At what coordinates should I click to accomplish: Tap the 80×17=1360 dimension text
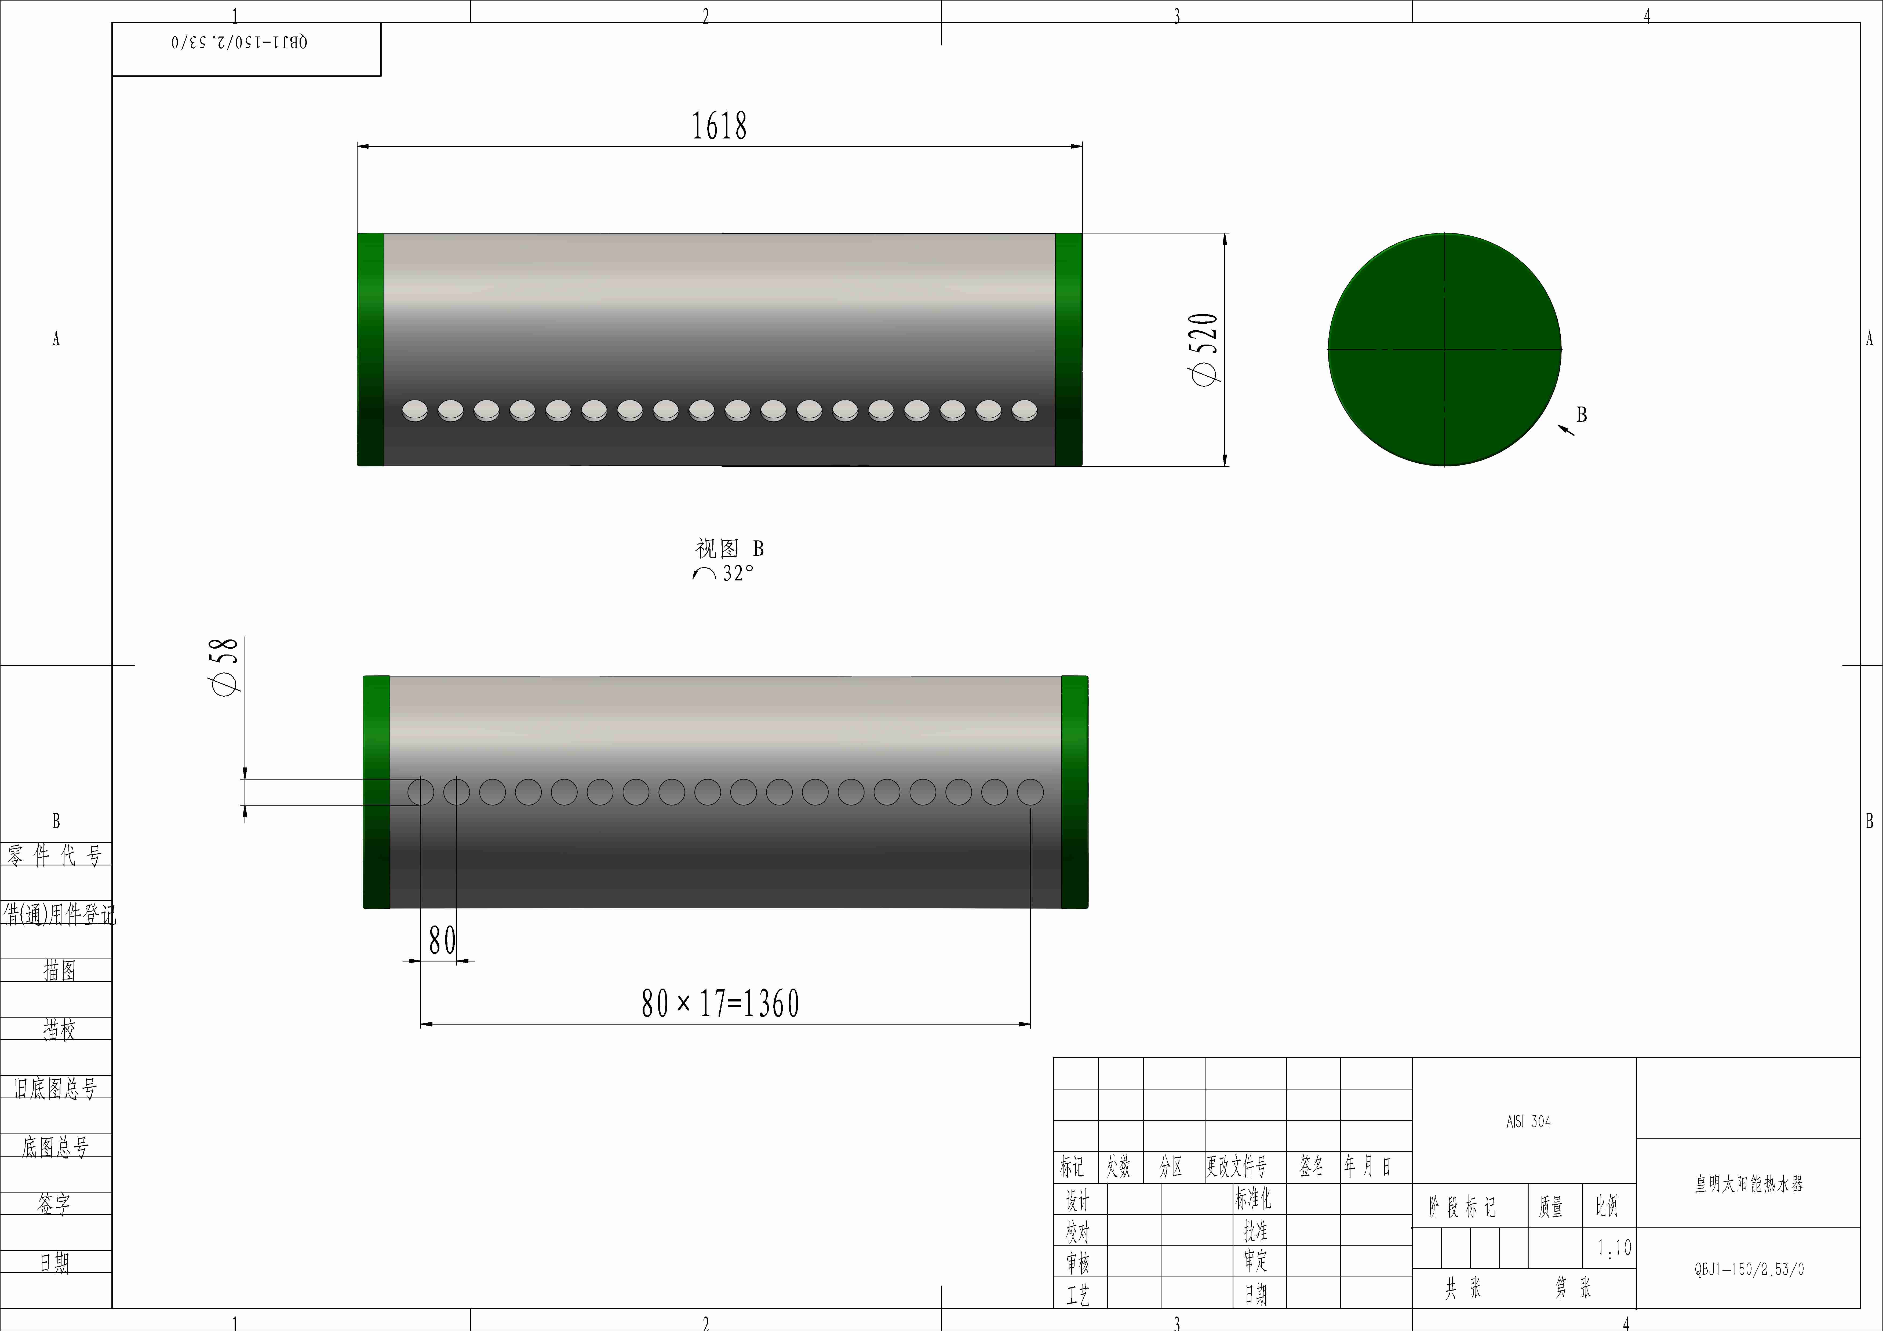pos(720,1003)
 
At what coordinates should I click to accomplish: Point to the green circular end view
pos(1444,349)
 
